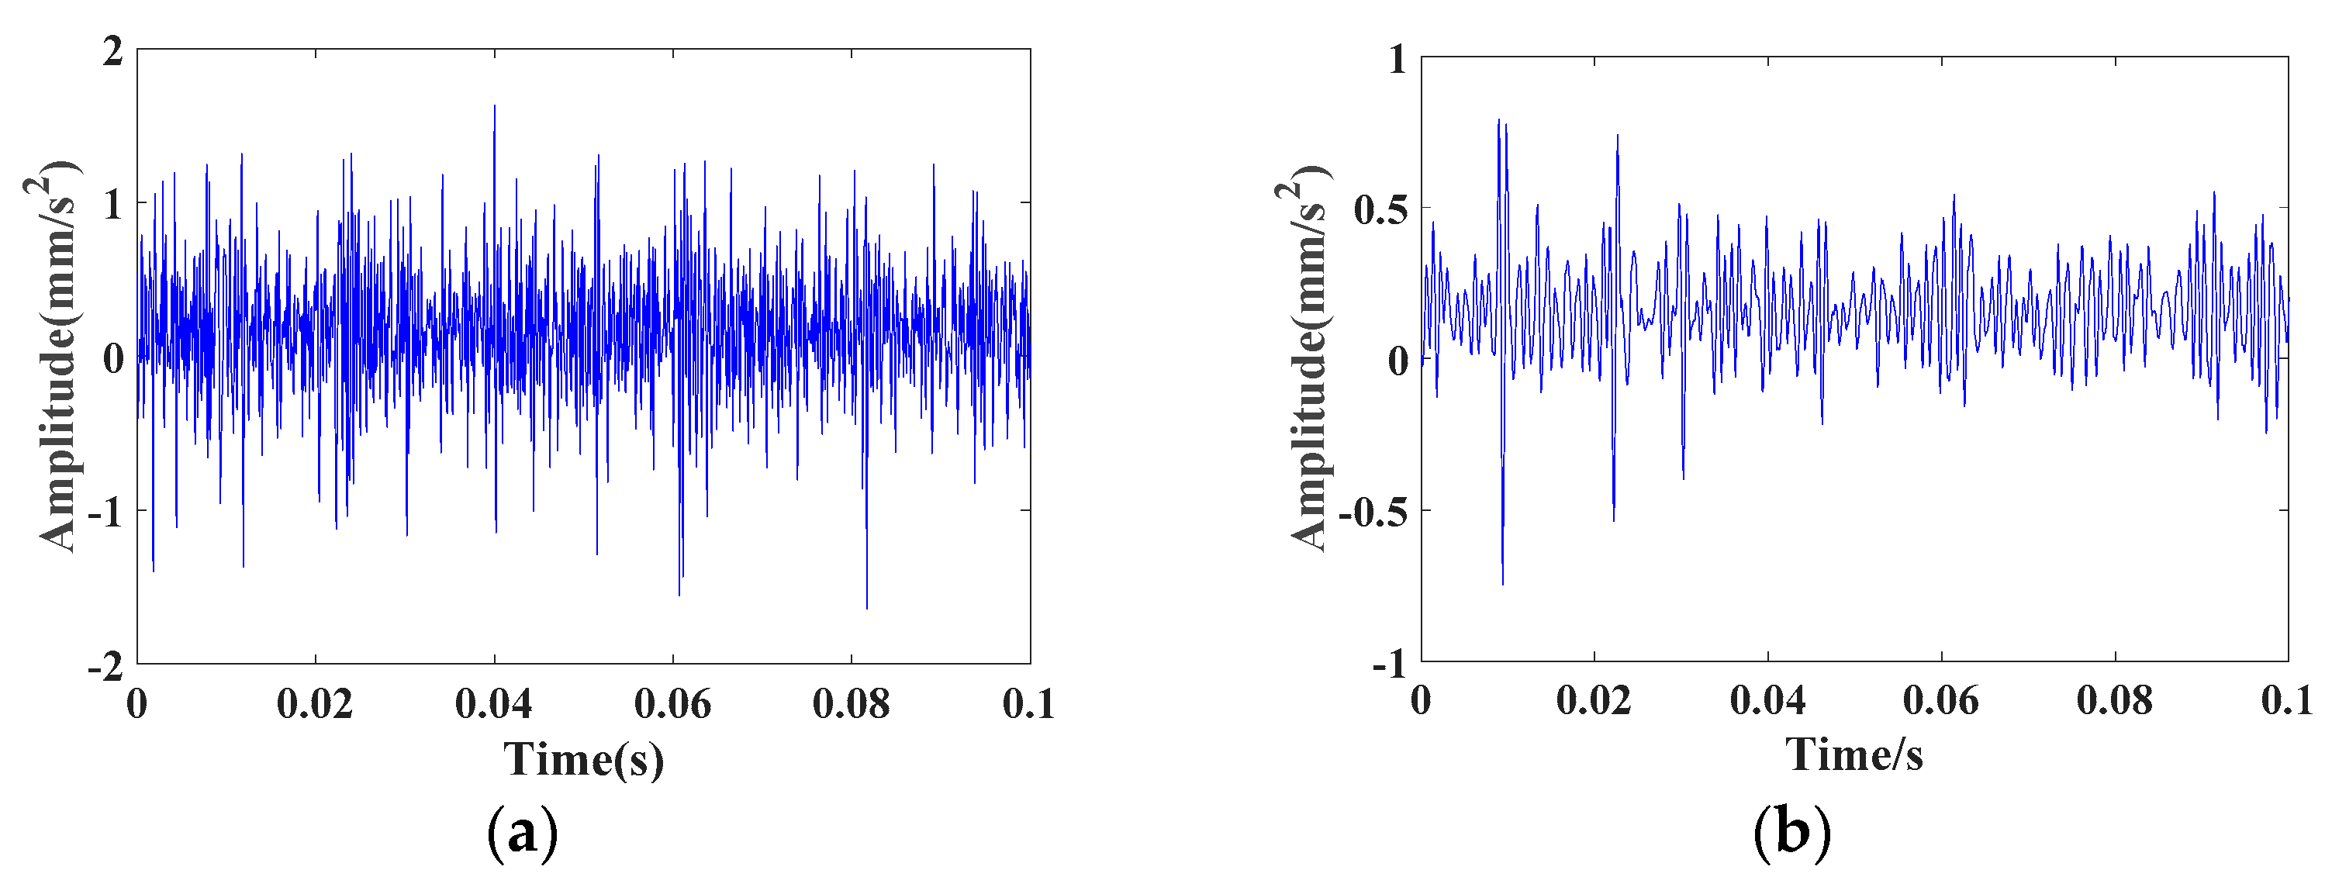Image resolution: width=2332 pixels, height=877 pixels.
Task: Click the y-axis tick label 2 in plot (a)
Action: (x=112, y=52)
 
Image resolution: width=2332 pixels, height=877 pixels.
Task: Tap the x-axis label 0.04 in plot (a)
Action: (x=493, y=704)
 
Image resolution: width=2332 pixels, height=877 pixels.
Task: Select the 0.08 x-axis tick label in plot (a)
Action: (x=851, y=704)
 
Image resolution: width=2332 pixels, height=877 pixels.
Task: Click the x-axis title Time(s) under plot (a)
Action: (x=584, y=758)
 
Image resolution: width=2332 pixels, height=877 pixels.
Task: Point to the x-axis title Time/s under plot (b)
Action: (x=1854, y=754)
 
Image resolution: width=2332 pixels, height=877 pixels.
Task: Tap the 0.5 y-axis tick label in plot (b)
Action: (x=1381, y=209)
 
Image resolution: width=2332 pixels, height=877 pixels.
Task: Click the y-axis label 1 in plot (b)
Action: (x=1398, y=60)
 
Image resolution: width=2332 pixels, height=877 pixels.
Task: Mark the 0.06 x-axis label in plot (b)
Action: (x=1941, y=700)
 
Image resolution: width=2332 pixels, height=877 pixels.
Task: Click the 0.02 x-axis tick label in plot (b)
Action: (x=1594, y=700)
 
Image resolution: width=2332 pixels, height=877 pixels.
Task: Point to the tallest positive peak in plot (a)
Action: (x=494, y=106)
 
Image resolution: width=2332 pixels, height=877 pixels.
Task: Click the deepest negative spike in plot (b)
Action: (x=1503, y=584)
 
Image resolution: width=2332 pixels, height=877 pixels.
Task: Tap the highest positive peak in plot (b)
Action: (x=1498, y=119)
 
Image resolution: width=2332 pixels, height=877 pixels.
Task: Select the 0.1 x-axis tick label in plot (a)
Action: (x=1028, y=704)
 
